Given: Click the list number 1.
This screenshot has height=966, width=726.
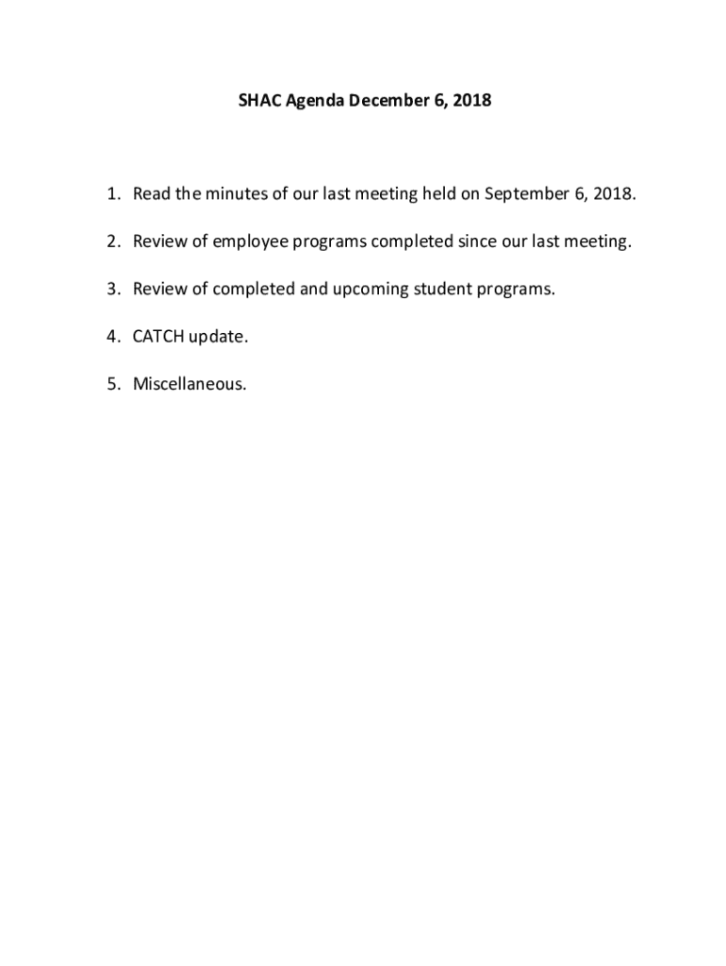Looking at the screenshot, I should [111, 194].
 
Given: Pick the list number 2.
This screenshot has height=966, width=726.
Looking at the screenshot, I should [111, 241].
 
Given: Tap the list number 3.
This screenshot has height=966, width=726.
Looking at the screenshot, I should [111, 289].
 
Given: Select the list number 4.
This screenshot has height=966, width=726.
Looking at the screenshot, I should [111, 336].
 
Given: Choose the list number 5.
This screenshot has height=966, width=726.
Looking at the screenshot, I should [111, 383].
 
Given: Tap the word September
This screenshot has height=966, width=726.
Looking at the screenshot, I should [526, 195].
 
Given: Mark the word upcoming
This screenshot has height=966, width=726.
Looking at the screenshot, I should [366, 290].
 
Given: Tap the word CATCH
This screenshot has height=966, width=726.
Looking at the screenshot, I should [158, 336].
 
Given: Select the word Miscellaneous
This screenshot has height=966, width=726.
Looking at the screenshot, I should [190, 383].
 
